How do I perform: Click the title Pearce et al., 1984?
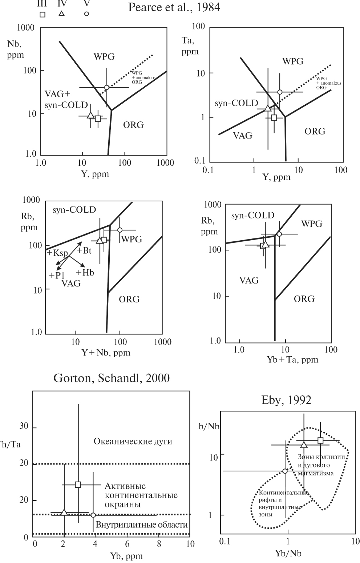pyautogui.click(x=174, y=8)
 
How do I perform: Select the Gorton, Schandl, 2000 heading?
pyautogui.click(x=112, y=378)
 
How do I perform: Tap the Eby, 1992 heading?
pyautogui.click(x=286, y=400)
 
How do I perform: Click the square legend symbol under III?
pyautogui.click(x=43, y=15)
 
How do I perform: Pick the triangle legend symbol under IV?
pyautogui.click(x=61, y=13)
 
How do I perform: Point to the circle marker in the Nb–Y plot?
pyautogui.click(x=106, y=87)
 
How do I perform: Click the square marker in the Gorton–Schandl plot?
pyautogui.click(x=78, y=484)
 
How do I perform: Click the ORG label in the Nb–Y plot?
pyautogui.click(x=133, y=125)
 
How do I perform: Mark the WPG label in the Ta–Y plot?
pyautogui.click(x=293, y=61)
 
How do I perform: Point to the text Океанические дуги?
pyautogui.click(x=133, y=442)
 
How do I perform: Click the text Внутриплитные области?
pyautogui.click(x=142, y=525)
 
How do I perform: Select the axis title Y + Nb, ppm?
pyautogui.click(x=106, y=353)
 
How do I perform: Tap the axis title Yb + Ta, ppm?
pyautogui.click(x=292, y=360)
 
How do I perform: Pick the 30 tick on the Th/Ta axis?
pyautogui.click(x=24, y=426)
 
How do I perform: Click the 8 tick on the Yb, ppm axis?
pyautogui.click(x=159, y=544)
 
